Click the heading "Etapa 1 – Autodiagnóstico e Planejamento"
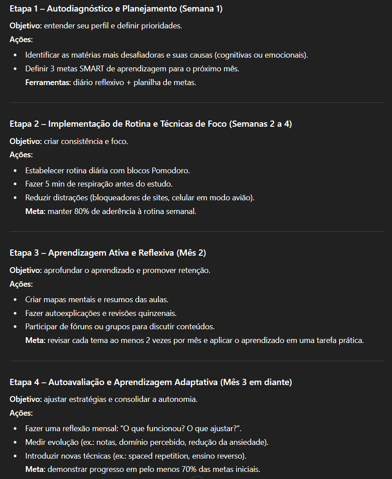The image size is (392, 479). (116, 9)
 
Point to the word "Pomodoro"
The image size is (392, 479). (171, 170)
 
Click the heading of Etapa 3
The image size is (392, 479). (108, 253)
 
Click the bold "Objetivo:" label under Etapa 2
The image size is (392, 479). (26, 141)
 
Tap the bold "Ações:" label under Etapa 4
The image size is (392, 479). (21, 413)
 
